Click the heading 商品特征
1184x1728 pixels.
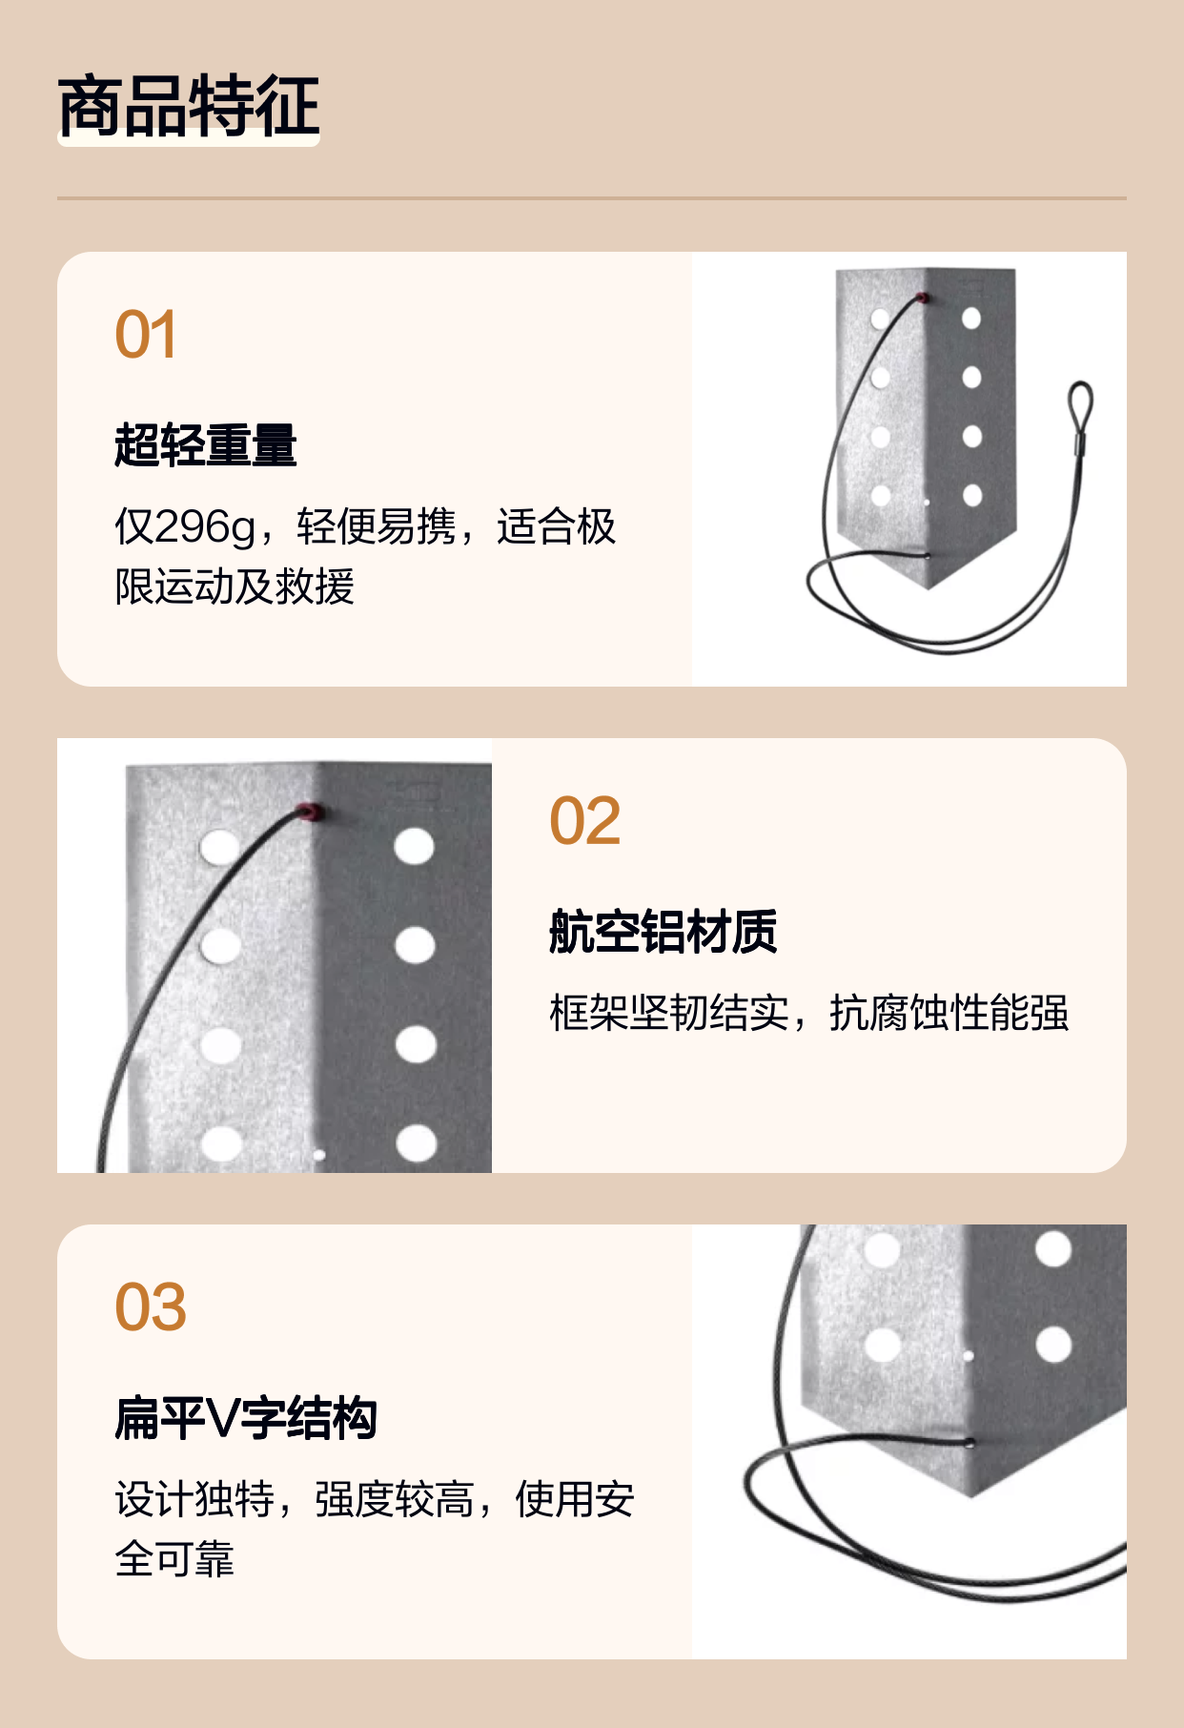click(x=189, y=106)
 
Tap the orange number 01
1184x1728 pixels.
click(x=146, y=335)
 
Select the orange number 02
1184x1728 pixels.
click(x=585, y=821)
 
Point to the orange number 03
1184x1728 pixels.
click(x=151, y=1307)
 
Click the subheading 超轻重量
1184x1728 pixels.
click(x=206, y=445)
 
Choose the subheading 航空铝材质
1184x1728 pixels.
click(x=663, y=932)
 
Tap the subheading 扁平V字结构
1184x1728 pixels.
click(x=246, y=1418)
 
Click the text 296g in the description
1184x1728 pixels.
click(x=205, y=527)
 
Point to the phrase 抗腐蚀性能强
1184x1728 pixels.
click(x=949, y=1013)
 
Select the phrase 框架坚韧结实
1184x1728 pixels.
click(x=669, y=1013)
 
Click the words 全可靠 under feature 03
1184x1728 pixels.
click(x=174, y=1559)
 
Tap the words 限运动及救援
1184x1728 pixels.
click(x=235, y=586)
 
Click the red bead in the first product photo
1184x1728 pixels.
click(x=922, y=298)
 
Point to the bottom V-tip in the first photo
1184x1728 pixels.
click(x=928, y=587)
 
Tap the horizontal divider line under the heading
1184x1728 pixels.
click(x=592, y=198)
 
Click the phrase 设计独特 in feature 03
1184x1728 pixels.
click(x=194, y=1499)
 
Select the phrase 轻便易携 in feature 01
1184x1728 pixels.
click(x=376, y=527)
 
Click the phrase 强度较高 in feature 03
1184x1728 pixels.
click(x=395, y=1499)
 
